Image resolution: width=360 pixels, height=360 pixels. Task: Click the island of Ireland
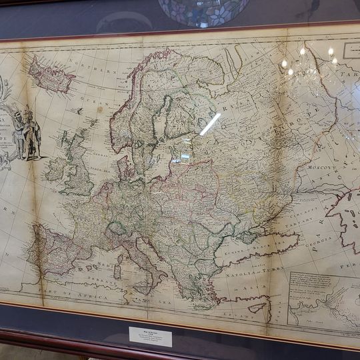[56, 169]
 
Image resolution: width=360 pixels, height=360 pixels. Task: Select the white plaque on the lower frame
[150, 335]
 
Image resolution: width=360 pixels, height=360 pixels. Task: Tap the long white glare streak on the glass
[210, 124]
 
